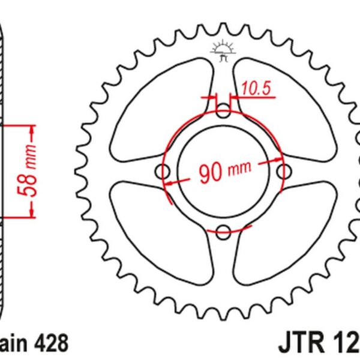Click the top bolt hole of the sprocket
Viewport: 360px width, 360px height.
(223, 111)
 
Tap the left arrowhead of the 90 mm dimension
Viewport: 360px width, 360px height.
(170, 182)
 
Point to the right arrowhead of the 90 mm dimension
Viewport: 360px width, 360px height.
(277, 160)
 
